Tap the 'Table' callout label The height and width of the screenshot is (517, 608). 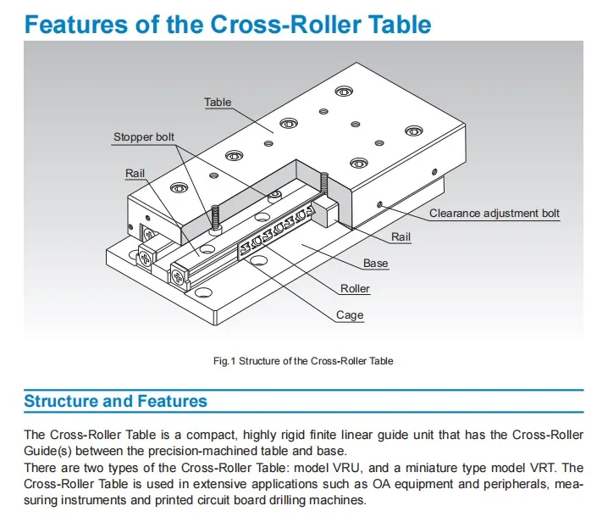click(x=217, y=103)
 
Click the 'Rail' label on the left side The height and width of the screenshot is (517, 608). click(x=135, y=173)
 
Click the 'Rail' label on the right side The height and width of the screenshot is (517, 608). click(x=401, y=237)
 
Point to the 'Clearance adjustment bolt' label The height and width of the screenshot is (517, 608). click(x=494, y=214)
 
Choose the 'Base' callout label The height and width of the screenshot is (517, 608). click(x=375, y=264)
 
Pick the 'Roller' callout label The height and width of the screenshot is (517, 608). click(x=355, y=289)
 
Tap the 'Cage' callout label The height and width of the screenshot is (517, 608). click(x=350, y=315)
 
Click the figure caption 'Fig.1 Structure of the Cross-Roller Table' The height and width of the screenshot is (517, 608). click(x=303, y=361)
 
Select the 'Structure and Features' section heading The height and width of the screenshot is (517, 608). click(x=115, y=401)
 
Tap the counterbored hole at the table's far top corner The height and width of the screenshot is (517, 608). click(x=344, y=91)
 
